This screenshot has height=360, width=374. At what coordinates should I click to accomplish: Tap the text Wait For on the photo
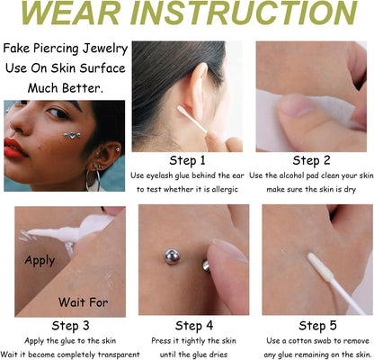[x=84, y=301]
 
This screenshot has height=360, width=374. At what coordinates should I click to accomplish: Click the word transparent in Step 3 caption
[x=117, y=354]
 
